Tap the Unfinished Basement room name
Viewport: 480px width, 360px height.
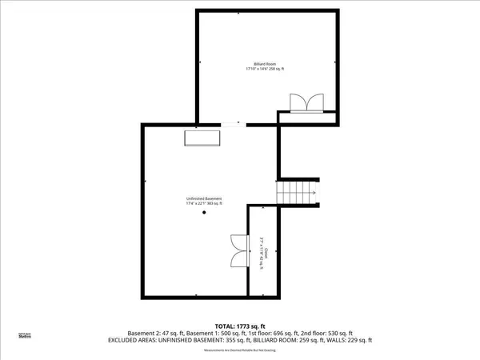point(204,198)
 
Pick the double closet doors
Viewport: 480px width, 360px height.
point(238,250)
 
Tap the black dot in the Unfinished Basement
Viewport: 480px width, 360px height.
point(204,223)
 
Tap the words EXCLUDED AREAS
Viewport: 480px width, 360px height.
point(130,340)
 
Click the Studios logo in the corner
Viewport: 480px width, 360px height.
point(26,336)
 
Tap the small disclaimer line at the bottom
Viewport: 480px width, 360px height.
point(240,350)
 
